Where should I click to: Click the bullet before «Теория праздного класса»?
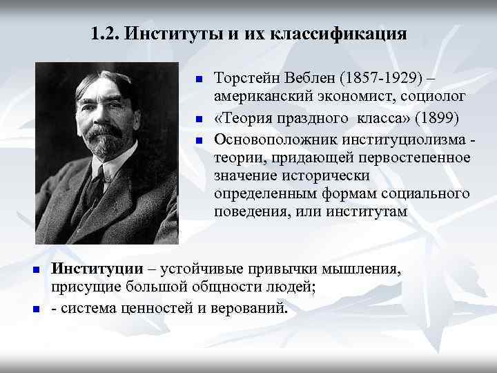(197, 117)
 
